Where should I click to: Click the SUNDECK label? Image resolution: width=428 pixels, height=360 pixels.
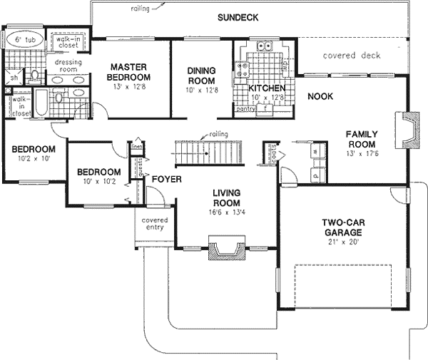coord(237,17)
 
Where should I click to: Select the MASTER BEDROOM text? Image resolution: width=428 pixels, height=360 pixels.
coord(129,72)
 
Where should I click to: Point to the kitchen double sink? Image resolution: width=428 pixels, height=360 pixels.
coord(265,48)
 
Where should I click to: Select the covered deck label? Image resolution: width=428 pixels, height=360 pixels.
coord(352,56)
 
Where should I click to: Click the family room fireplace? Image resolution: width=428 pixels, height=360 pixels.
coord(409,128)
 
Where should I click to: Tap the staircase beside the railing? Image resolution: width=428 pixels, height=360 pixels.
coord(208,152)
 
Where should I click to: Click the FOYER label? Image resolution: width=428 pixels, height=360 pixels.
coord(166,179)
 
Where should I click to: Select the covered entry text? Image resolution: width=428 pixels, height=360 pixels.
coord(154,224)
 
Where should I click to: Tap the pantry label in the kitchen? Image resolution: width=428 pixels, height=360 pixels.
coord(246,109)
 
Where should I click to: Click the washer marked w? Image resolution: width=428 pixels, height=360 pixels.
coord(315,152)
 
